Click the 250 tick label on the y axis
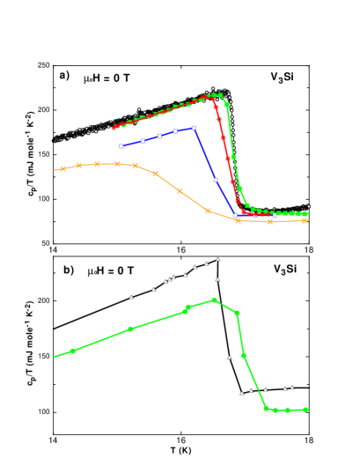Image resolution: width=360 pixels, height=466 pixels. [41, 65]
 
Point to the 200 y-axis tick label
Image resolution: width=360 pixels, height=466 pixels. [41, 110]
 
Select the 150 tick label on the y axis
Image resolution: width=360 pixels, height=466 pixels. [41, 154]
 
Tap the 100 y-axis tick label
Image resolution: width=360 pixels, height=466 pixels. [41, 199]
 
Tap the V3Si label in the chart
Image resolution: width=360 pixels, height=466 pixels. [283, 77]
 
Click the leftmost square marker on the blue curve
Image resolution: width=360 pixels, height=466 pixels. [121, 145]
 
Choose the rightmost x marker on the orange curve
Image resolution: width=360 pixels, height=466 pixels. [305, 220]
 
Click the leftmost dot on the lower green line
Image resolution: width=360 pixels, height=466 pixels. [73, 351]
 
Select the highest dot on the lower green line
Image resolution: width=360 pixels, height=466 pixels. [215, 300]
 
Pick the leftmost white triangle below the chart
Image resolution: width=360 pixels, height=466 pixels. [132, 297]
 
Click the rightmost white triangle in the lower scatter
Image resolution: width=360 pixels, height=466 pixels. [292, 387]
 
